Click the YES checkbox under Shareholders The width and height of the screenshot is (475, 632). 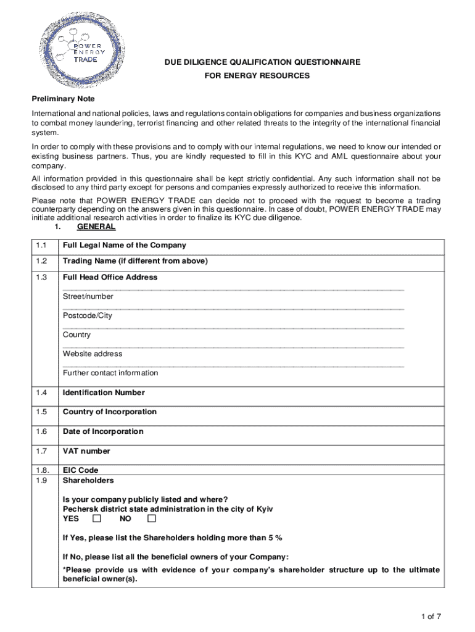96,518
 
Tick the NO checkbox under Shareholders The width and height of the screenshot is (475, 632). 152,518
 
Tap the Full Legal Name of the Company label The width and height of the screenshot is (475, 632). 124,246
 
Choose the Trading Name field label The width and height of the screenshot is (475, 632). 135,261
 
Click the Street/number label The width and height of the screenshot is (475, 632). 88,296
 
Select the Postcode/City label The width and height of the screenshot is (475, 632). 88,315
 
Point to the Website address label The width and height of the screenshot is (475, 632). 92,354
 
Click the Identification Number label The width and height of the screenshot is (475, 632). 104,393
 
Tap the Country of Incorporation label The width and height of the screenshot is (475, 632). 109,412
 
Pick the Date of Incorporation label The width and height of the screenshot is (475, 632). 102,431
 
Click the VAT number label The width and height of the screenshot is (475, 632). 86,451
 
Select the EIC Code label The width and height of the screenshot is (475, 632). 80,470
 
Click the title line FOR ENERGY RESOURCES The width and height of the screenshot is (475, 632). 257,76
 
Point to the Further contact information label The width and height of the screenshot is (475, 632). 110,373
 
